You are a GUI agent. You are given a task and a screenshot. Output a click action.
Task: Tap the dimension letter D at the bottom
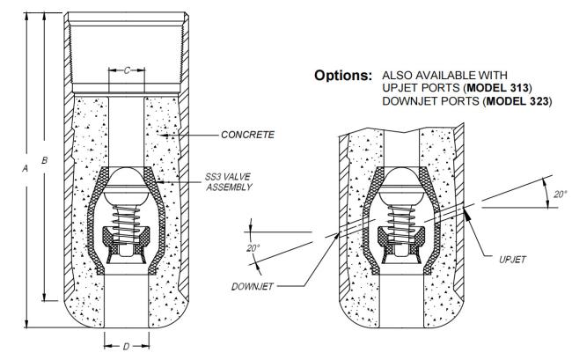126,347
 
